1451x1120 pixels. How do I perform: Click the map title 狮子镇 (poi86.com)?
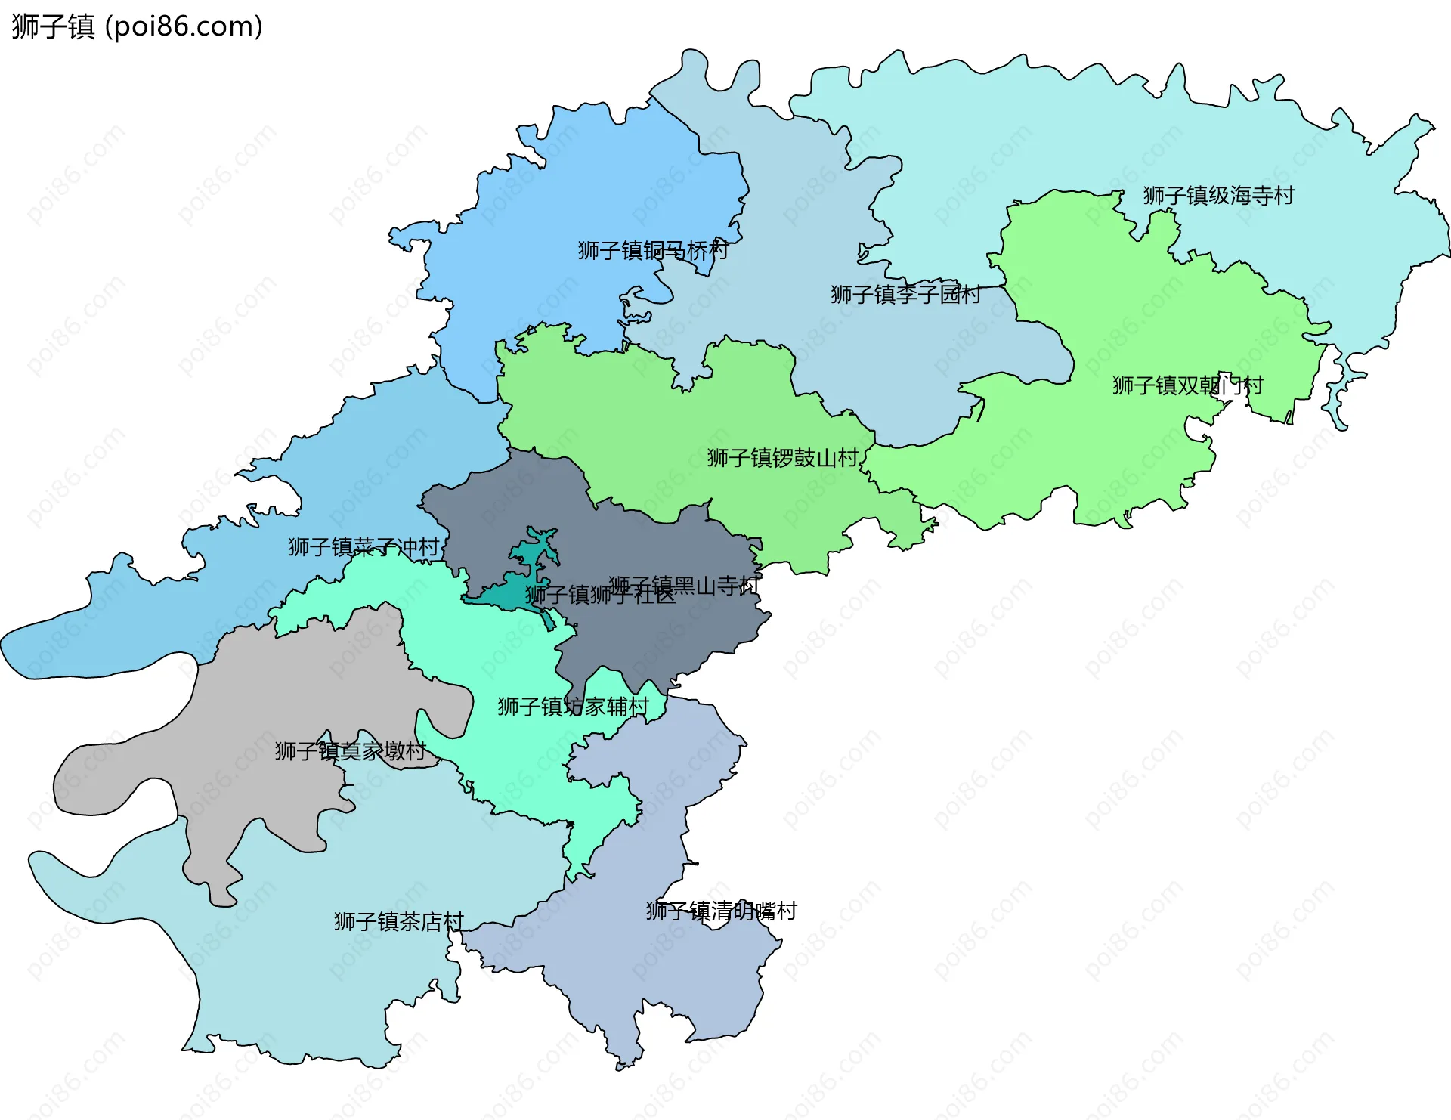[x=137, y=26]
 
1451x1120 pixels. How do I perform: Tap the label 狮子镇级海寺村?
[x=1218, y=196]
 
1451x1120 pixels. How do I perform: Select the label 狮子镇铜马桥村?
[x=653, y=250]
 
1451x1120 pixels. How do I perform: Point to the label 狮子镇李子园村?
[x=905, y=294]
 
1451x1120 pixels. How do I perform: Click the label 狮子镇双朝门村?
[x=1187, y=385]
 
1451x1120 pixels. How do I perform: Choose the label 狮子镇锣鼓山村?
[x=782, y=457]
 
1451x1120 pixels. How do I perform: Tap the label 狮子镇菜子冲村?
[x=363, y=546]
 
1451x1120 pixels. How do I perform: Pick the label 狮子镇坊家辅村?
[x=573, y=706]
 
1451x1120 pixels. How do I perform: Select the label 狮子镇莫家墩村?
[x=350, y=750]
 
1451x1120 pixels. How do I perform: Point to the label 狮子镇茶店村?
[x=398, y=921]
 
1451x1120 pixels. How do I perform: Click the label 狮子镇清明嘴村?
[x=721, y=911]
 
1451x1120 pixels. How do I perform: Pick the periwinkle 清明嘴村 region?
[x=657, y=975]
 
